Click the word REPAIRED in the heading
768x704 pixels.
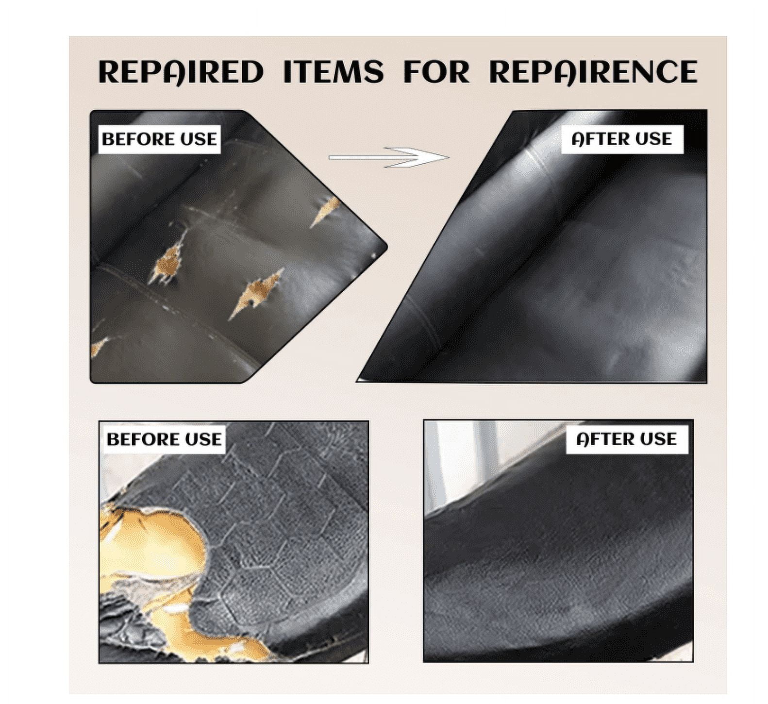(x=180, y=72)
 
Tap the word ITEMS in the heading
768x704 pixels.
(x=333, y=72)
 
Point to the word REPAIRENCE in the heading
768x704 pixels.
(x=593, y=72)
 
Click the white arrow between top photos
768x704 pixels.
(x=388, y=157)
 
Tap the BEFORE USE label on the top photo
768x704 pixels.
(x=159, y=139)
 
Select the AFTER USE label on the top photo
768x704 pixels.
(x=621, y=139)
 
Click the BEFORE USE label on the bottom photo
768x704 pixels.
(x=164, y=439)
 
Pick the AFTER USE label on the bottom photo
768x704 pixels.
(x=626, y=439)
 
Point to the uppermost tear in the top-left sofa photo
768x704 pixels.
(x=324, y=211)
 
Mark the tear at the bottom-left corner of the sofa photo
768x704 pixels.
(x=99, y=346)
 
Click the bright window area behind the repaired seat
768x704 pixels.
(x=466, y=461)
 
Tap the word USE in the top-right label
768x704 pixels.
(x=654, y=139)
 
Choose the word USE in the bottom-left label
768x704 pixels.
(x=203, y=439)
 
